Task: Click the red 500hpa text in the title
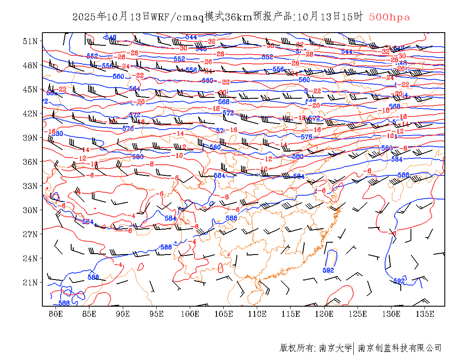389,17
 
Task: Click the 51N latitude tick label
30,41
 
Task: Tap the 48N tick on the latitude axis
30,65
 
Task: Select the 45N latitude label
30,89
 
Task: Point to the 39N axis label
30,138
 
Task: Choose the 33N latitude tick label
30,186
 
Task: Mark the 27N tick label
30,234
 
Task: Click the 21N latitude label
30,282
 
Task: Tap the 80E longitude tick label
56,314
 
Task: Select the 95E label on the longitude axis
157,314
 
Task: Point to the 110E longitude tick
257,314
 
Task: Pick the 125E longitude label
358,314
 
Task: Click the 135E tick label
425,314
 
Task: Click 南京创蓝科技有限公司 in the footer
399,348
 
